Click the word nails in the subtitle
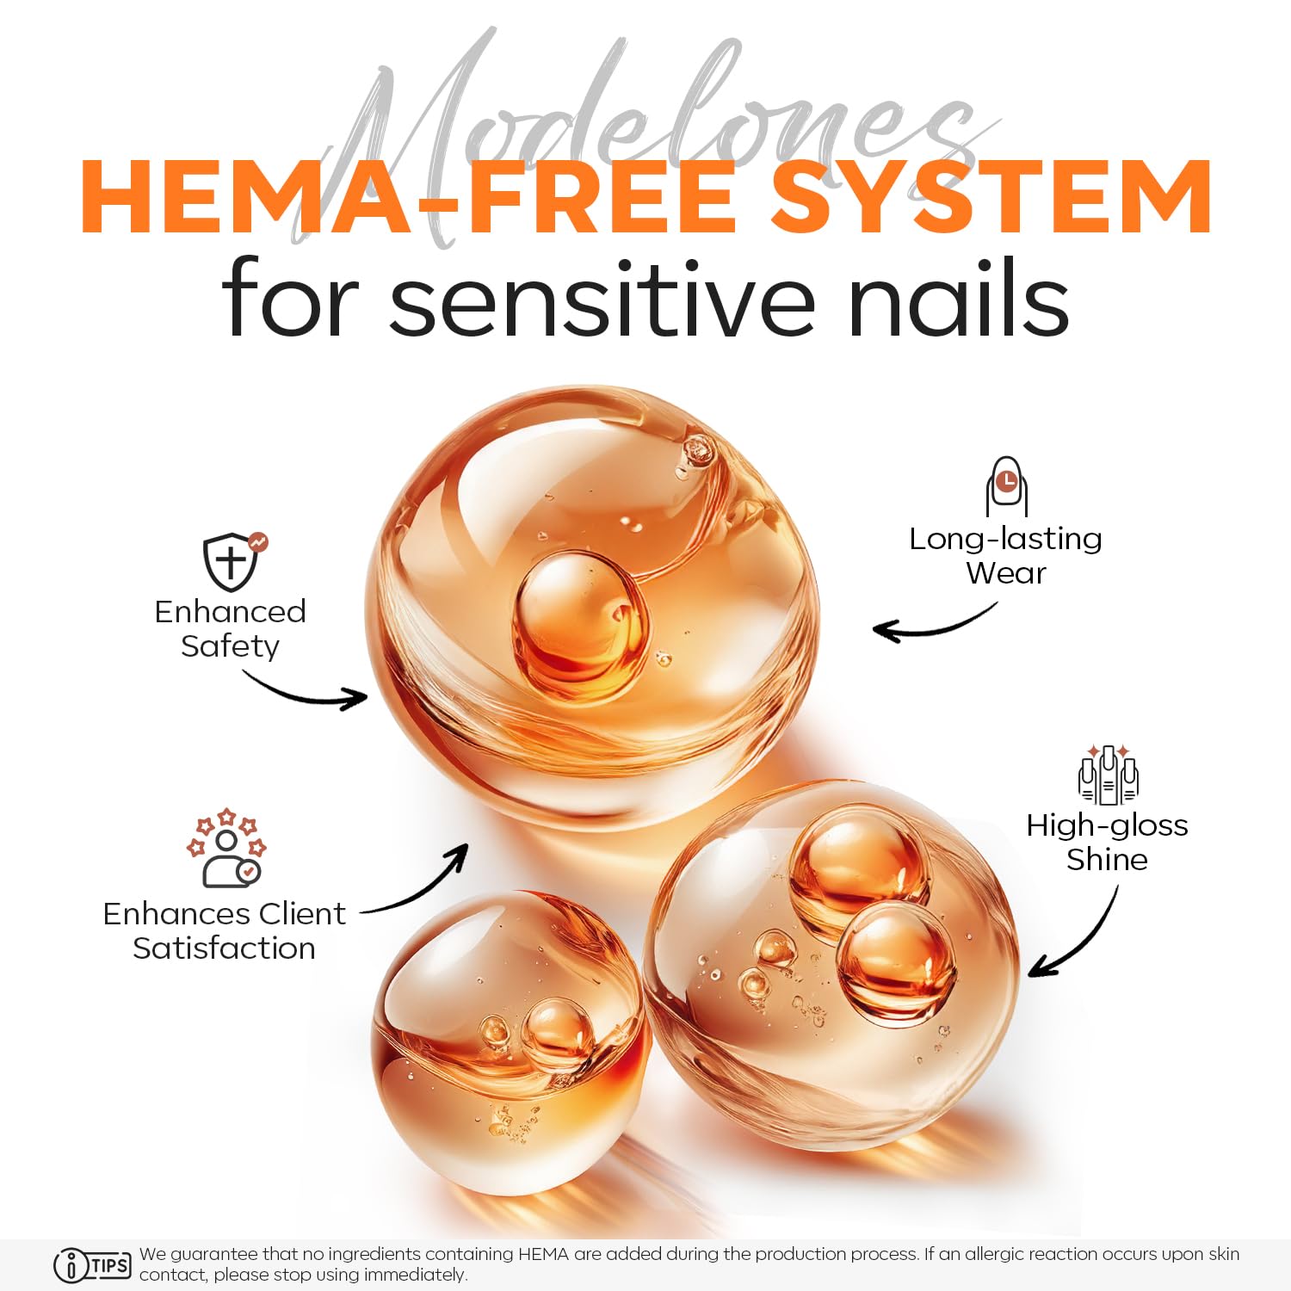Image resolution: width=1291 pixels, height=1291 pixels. click(958, 298)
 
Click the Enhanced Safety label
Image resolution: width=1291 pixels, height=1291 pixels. click(230, 628)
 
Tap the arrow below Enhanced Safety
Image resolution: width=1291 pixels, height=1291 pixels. click(306, 694)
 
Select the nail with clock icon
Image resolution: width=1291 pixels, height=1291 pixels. click(1006, 486)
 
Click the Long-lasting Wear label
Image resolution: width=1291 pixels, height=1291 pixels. click(1005, 555)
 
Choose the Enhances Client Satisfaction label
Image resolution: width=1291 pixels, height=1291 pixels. click(224, 930)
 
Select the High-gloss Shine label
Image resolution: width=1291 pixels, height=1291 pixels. click(1107, 842)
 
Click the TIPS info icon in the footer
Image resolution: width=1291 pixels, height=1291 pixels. click(92, 1265)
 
